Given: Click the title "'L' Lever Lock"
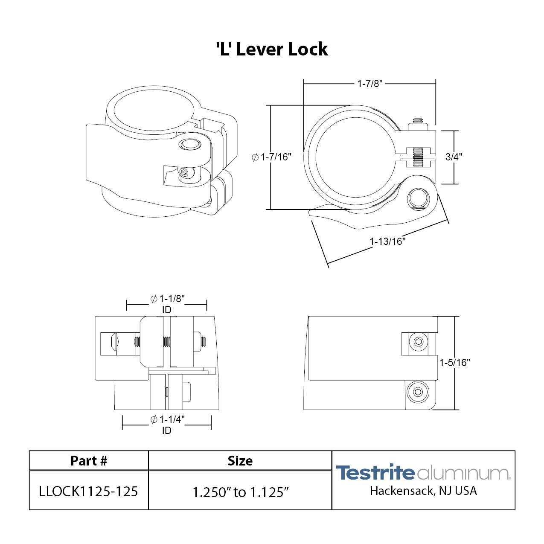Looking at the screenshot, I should pyautogui.click(x=272, y=49).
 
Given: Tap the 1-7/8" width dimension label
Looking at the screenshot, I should pyautogui.click(x=370, y=84).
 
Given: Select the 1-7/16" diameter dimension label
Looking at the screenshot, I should pyautogui.click(x=272, y=157).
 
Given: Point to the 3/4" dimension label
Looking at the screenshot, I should pyautogui.click(x=454, y=157).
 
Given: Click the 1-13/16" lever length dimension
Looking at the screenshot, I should pyautogui.click(x=387, y=241).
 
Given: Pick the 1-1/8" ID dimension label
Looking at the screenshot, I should pyautogui.click(x=167, y=303).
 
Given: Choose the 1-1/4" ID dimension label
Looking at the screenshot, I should pyautogui.click(x=167, y=424).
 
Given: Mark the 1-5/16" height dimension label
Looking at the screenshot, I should pyautogui.click(x=455, y=363).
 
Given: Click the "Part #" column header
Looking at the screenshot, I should pyautogui.click(x=89, y=461).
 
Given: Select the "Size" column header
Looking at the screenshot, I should pyautogui.click(x=240, y=461).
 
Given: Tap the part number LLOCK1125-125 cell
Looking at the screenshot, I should pyautogui.click(x=88, y=492).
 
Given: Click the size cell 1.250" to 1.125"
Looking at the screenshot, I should pyautogui.click(x=240, y=492).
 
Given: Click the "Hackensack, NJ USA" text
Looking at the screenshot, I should pyautogui.click(x=423, y=491).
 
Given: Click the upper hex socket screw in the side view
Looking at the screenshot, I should pyautogui.click(x=418, y=342).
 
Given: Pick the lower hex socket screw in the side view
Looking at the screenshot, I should pyautogui.click(x=418, y=392).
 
